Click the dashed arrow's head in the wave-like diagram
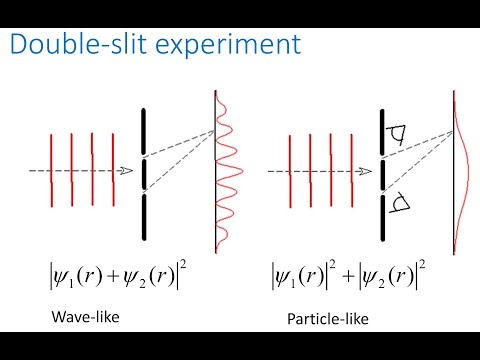click(127, 171)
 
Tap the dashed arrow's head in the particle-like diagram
click(367, 171)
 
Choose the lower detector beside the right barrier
click(404, 207)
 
